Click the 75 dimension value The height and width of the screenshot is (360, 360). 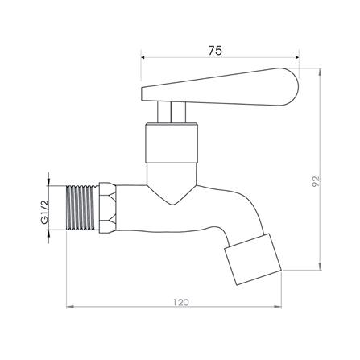click(215, 50)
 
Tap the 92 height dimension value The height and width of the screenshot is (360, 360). click(316, 181)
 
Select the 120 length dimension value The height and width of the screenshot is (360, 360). click(180, 302)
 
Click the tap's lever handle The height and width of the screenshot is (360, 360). click(220, 87)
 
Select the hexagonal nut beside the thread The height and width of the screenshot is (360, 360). click(108, 208)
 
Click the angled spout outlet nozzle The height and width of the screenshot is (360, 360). click(253, 259)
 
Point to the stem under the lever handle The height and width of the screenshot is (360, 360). click(172, 112)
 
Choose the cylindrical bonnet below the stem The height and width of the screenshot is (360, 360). click(172, 143)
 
